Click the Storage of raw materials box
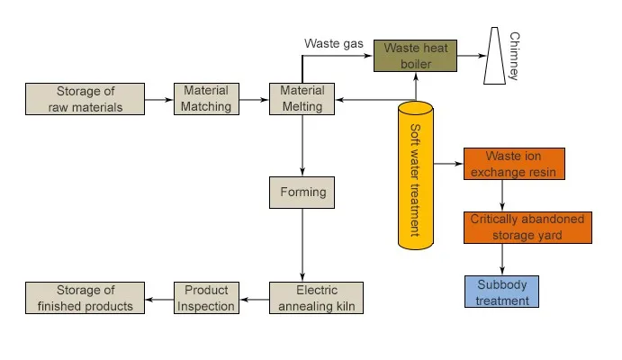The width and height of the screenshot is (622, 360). click(85, 98)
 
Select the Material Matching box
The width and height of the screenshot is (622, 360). click(207, 98)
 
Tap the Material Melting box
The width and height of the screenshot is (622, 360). click(302, 98)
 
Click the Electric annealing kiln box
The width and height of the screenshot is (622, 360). click(316, 298)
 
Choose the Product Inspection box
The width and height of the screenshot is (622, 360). click(206, 298)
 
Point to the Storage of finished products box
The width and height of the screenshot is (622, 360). click(85, 298)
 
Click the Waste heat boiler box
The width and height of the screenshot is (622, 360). click(414, 55)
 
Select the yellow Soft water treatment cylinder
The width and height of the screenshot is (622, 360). click(415, 175)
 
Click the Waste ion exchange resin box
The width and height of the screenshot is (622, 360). click(514, 164)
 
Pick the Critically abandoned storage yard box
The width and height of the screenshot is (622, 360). click(527, 227)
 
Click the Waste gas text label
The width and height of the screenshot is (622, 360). click(333, 43)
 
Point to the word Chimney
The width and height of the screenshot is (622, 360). click(515, 57)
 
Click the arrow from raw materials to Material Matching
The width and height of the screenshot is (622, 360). click(158, 99)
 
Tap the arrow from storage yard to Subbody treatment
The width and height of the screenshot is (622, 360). click(501, 259)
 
